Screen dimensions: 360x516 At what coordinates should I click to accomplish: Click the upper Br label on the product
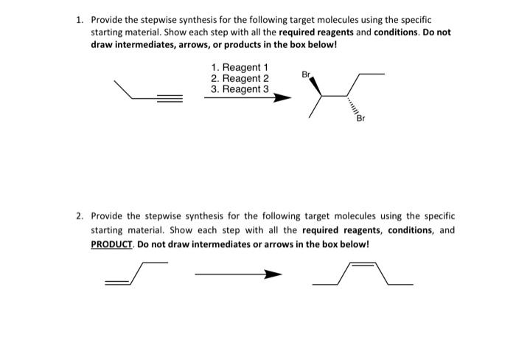[306, 75]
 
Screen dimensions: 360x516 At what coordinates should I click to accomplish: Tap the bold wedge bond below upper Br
[315, 87]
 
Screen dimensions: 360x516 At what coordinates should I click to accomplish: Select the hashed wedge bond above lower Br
[355, 106]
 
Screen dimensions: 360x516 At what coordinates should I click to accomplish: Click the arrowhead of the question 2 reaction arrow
[274, 275]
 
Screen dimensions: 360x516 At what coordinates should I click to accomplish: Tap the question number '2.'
[80, 216]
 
